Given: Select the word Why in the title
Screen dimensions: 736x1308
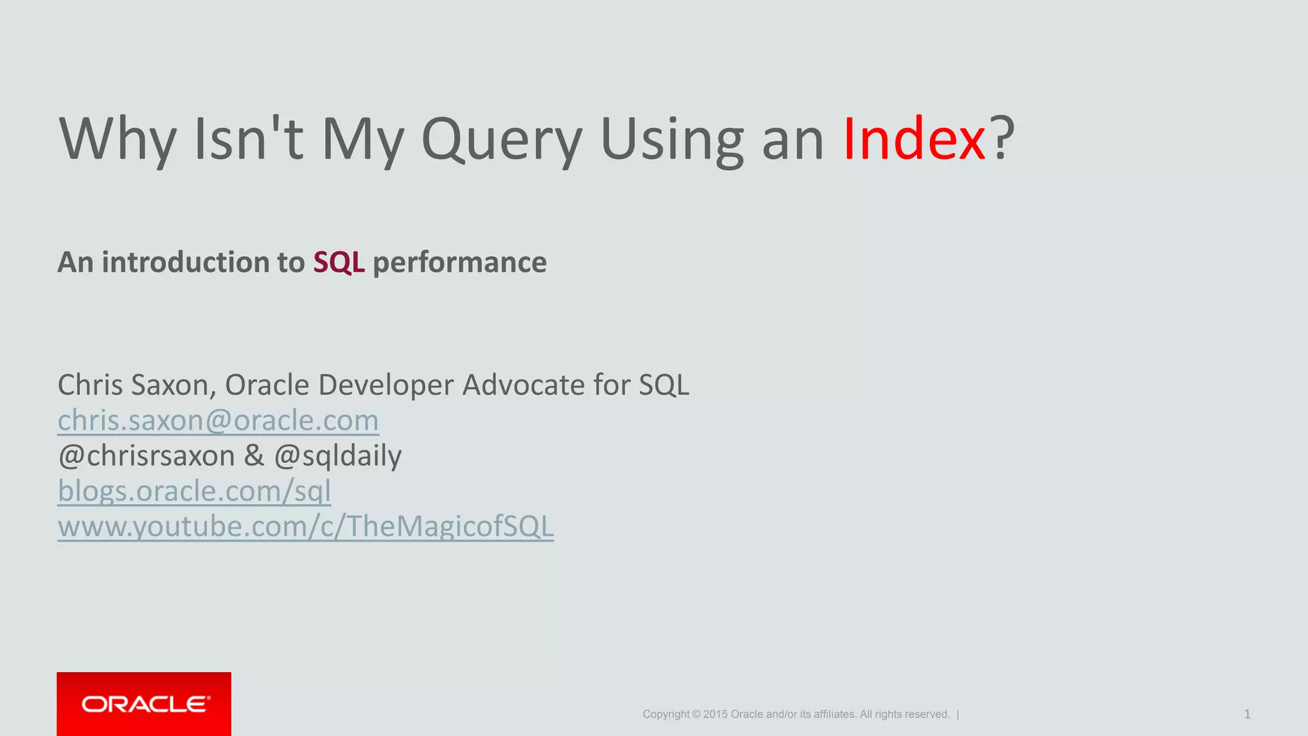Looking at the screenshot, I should pos(118,141).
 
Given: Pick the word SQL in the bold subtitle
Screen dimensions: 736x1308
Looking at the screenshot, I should pos(338,263).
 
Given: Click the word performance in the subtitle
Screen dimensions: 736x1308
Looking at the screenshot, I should pos(459,263).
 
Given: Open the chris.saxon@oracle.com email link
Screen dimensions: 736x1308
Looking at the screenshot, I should pos(218,420).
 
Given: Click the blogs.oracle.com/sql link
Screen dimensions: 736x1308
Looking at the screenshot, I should pos(194,491).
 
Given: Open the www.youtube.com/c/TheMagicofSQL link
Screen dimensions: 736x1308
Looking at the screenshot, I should pos(305,526).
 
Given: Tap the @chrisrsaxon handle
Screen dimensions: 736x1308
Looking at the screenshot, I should pos(146,456).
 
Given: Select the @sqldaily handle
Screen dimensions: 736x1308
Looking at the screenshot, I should pos(338,456).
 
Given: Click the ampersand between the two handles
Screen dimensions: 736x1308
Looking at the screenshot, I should pos(254,456).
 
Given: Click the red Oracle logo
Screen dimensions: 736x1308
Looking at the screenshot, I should pos(144,704).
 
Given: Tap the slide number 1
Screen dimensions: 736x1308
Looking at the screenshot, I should pos(1247,714).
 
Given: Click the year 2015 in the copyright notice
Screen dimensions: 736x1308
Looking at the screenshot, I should pos(715,714).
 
